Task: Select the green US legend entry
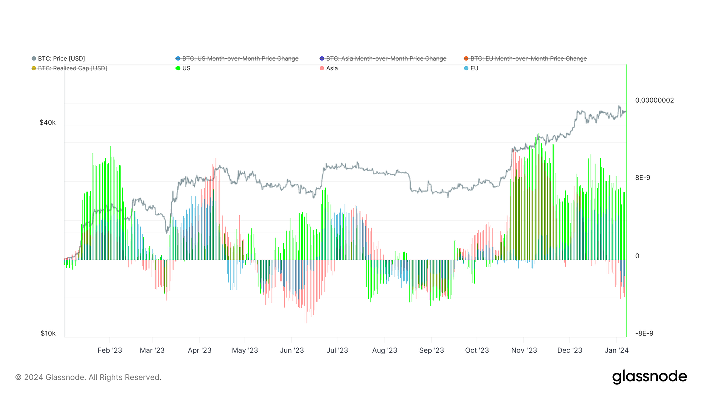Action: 186,68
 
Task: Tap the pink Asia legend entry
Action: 332,68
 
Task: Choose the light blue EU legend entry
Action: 474,68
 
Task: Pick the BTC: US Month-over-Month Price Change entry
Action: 240,59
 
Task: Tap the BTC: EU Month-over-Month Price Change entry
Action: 529,59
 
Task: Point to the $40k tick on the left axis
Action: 48,123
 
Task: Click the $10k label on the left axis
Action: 48,334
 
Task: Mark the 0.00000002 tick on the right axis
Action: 654,100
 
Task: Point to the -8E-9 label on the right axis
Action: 644,334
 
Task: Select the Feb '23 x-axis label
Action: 110,350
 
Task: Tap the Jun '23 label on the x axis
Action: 292,350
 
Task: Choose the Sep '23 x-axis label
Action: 431,350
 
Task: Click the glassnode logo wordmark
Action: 649,377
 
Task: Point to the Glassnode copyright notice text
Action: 88,377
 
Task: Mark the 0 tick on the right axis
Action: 637,256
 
